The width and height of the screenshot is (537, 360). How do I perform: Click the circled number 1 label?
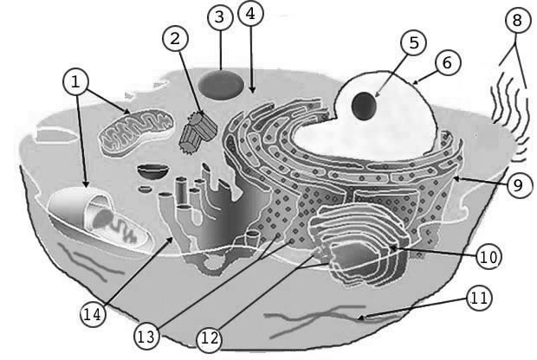click(x=75, y=82)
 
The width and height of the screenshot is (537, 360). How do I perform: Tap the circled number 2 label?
click(x=175, y=39)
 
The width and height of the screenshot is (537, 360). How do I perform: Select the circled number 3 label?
click(x=220, y=17)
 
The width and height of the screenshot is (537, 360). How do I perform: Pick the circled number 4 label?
click(x=251, y=15)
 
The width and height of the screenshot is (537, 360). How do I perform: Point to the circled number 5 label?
click(x=414, y=43)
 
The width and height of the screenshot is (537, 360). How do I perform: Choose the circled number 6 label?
click(x=447, y=63)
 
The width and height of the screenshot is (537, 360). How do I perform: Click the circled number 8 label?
click(x=517, y=21)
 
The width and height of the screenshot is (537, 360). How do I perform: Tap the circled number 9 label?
click(x=519, y=185)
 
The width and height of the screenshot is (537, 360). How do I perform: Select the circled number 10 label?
click(x=488, y=257)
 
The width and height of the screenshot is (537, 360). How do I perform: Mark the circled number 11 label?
click(x=480, y=298)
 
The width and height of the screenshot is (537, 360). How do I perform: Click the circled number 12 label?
click(x=209, y=339)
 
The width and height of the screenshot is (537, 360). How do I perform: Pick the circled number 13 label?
click(x=147, y=337)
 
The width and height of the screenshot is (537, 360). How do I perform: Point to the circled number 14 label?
click(x=94, y=314)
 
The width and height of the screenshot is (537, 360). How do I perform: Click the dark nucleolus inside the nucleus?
click(x=364, y=106)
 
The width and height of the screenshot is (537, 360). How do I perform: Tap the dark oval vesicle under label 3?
click(x=221, y=85)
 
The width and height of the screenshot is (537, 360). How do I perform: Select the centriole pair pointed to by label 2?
click(x=198, y=132)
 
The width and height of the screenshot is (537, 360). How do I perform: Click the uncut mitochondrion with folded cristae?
click(x=135, y=132)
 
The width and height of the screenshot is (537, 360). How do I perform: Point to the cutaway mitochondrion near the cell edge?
click(x=100, y=219)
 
